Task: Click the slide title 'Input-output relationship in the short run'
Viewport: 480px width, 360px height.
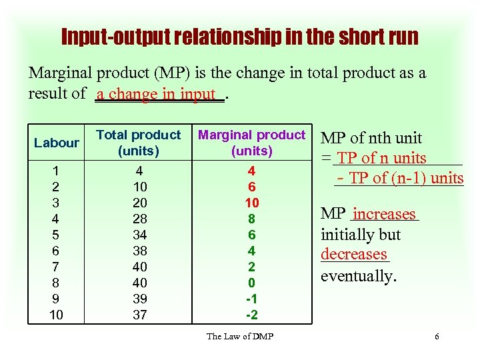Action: click(x=239, y=36)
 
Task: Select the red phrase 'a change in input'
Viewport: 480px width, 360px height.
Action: click(x=156, y=95)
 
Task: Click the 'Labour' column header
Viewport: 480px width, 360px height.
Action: click(x=57, y=143)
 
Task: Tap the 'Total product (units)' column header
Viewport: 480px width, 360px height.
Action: click(x=139, y=143)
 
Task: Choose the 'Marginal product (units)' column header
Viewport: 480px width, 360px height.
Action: click(x=251, y=143)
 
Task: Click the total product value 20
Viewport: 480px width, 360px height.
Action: click(x=139, y=203)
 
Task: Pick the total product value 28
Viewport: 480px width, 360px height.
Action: click(x=139, y=219)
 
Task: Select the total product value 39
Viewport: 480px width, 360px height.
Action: click(x=139, y=299)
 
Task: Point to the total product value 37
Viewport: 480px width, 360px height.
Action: click(x=139, y=315)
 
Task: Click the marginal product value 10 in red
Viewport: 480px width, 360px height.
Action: click(x=252, y=203)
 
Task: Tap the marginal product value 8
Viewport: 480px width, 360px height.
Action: click(x=252, y=219)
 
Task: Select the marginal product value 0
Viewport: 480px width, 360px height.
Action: click(x=252, y=283)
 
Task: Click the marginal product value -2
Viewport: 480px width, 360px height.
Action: click(x=252, y=315)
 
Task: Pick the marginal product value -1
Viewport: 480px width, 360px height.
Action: click(x=252, y=299)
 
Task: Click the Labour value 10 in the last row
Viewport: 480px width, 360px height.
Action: click(x=57, y=315)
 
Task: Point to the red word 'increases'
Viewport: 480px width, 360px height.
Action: click(x=384, y=214)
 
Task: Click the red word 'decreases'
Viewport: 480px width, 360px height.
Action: click(x=353, y=254)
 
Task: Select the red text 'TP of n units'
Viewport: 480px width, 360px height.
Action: click(x=382, y=158)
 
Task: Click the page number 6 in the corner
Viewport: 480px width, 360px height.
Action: click(x=437, y=336)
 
